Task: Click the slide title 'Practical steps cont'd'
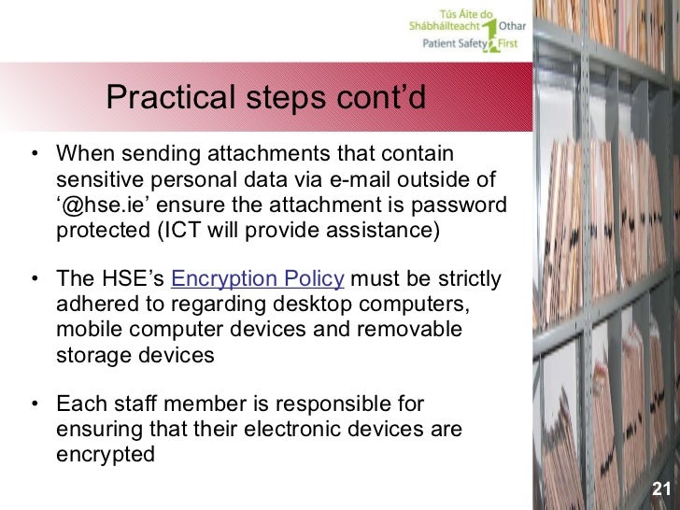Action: [266, 96]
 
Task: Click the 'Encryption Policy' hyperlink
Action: [259, 280]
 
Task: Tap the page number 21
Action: [661, 489]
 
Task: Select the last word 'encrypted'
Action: [106, 456]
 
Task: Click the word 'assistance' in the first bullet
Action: [383, 230]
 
